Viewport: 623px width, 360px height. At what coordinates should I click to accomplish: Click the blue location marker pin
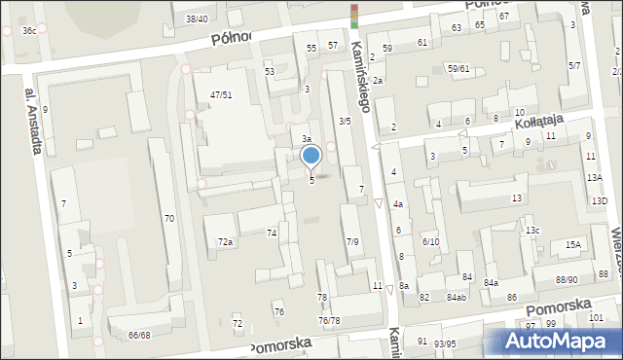311,157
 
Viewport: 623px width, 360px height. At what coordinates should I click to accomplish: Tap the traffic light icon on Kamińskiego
354,15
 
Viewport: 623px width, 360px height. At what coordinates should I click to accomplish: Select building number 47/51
221,94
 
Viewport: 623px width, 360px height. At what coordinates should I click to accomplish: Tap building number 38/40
197,18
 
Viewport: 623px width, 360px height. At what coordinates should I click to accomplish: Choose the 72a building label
225,241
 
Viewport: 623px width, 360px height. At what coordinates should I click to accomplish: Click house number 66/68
139,335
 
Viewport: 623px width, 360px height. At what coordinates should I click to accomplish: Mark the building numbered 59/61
458,68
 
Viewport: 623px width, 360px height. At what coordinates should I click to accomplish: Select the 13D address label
599,200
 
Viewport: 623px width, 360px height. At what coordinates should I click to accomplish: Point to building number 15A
573,245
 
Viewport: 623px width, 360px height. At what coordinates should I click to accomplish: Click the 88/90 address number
567,280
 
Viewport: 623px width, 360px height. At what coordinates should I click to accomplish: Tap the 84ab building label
456,297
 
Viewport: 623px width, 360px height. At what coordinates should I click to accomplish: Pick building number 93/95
445,343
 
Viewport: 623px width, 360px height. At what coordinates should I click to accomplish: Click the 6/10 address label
430,241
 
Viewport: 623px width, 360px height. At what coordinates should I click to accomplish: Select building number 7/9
352,241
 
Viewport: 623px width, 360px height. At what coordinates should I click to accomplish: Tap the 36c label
30,31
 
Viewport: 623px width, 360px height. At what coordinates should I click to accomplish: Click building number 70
169,219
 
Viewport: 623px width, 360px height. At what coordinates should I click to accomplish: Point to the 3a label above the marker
306,139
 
